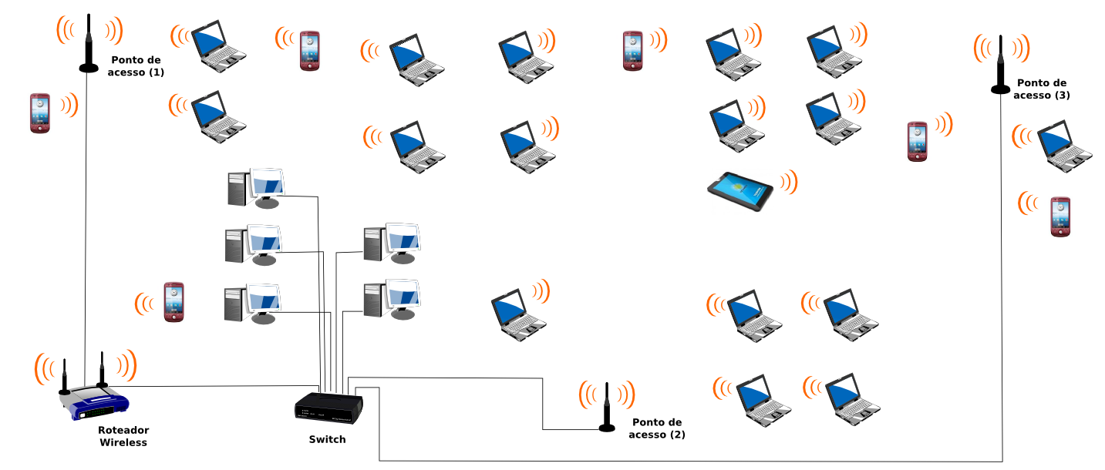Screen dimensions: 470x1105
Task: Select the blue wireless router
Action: [x=95, y=403]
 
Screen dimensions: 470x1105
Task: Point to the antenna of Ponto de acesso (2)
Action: [x=608, y=408]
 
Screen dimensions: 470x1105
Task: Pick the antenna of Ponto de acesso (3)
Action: [x=1000, y=66]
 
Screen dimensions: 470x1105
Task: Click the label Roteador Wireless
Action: [x=123, y=436]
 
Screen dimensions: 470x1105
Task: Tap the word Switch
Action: [x=327, y=439]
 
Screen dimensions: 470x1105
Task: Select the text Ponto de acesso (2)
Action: [x=657, y=428]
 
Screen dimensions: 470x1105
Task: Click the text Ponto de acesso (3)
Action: [x=1041, y=89]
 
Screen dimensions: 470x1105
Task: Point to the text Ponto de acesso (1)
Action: [x=136, y=65]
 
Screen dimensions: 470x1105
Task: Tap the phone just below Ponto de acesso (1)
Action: [x=40, y=112]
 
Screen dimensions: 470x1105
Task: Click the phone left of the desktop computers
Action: [x=173, y=301]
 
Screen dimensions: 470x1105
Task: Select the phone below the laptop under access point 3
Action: [x=1060, y=217]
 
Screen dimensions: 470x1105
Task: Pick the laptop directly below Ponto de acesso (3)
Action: [x=1064, y=146]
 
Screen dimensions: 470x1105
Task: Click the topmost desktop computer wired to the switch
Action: [x=256, y=188]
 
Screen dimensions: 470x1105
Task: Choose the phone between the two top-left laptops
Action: [x=309, y=51]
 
